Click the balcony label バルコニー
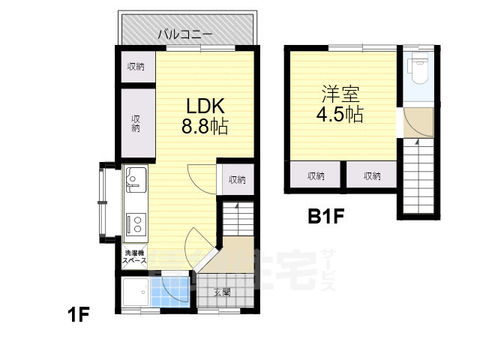[184, 34]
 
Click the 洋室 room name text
[340, 95]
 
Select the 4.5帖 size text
[340, 115]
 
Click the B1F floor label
[326, 218]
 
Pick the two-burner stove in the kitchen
[136, 223]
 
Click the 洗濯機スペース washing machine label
[135, 256]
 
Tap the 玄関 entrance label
[221, 292]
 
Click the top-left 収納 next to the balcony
[135, 67]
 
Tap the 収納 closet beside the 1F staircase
[237, 180]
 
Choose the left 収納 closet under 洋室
[316, 176]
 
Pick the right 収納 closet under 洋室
[371, 176]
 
